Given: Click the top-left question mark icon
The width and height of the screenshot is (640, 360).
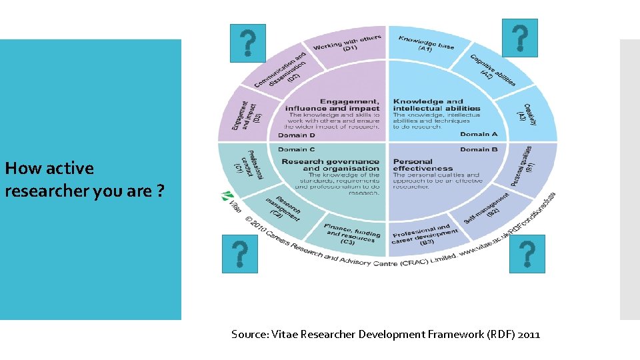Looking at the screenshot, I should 247,43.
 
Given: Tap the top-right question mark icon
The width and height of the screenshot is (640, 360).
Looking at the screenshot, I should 519,38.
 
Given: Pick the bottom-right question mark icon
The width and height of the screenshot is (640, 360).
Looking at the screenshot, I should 527,253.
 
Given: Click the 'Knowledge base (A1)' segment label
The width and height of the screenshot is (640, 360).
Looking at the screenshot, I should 426,43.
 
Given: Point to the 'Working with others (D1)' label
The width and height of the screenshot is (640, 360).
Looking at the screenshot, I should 347,44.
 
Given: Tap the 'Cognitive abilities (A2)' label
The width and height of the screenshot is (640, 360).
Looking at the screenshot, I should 491,71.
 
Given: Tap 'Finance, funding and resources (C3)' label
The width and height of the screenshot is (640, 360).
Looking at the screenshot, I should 351,233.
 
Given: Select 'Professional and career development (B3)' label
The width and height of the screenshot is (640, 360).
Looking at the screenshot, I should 421,235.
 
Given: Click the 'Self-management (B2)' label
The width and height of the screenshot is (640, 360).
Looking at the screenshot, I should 487,208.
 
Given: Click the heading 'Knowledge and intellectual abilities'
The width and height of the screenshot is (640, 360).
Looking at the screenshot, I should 436,105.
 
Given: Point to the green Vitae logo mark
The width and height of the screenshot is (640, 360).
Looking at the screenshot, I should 227,197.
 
